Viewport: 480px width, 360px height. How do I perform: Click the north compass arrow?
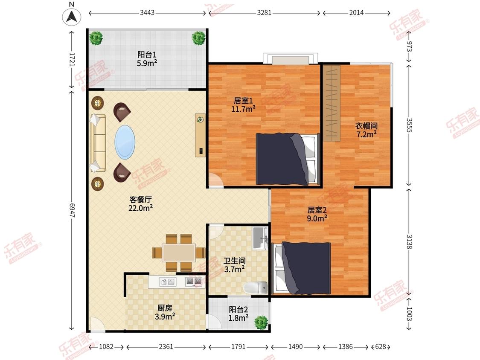coord(72,16)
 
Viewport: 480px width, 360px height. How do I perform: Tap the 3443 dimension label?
coord(147,13)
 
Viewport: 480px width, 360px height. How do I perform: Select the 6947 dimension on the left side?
coord(72,211)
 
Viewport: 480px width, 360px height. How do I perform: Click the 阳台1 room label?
coord(147,55)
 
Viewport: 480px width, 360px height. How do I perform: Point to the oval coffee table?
coord(125,142)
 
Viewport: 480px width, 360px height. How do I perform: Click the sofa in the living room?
coord(98,143)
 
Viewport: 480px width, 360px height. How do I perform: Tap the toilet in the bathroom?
coord(256,288)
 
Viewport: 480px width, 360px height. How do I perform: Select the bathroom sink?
coord(261,238)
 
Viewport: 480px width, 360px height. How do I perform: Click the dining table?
coord(179,253)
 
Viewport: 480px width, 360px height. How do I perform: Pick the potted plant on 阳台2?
coord(261,322)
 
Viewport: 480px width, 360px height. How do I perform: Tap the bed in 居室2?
coord(303,268)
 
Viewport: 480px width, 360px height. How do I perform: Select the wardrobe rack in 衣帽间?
coord(332,103)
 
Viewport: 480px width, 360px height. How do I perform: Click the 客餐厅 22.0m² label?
coord(140,204)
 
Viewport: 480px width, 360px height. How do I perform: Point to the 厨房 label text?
coord(165,308)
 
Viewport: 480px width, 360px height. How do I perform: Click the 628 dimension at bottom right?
coord(381,347)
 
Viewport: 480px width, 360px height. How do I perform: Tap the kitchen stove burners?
coord(195,282)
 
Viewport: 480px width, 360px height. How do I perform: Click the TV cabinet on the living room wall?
coord(201,135)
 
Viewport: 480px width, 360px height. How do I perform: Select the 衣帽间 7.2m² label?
coord(366,130)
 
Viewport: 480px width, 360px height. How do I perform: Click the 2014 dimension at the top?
coord(356,13)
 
